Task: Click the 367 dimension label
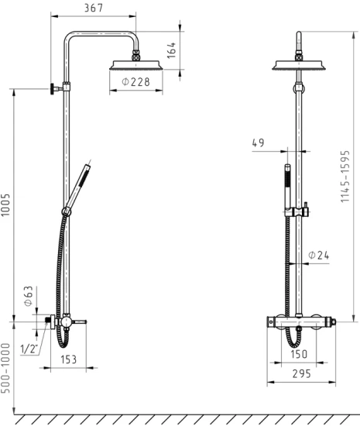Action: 94,8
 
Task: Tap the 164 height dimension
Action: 172,50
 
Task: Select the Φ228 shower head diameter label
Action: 135,81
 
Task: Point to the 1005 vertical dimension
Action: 5,204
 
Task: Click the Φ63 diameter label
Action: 28,296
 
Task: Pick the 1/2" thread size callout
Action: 29,349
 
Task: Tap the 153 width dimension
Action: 68,359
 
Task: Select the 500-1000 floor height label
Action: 5,368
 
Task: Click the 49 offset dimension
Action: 258,143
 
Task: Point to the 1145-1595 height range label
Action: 345,177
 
